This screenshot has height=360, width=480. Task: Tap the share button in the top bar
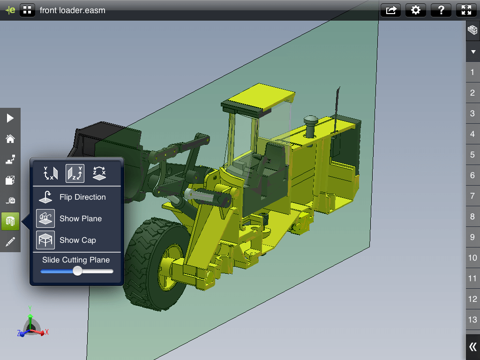pos(391,10)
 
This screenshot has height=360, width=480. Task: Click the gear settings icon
pos(415,10)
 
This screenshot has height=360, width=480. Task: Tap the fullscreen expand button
pos(466,10)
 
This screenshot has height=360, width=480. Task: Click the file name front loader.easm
pos(72,10)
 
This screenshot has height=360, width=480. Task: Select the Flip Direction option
pos(82,197)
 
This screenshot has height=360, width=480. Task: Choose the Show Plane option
pos(80,219)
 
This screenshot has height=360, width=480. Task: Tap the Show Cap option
pos(77,240)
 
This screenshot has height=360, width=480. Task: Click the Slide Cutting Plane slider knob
pos(77,271)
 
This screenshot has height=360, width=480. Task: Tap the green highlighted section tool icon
pos(10,221)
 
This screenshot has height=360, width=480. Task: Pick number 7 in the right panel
pos(472,196)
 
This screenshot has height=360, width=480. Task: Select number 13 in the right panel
pos(472,320)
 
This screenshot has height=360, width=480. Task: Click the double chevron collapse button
pos(472,347)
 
